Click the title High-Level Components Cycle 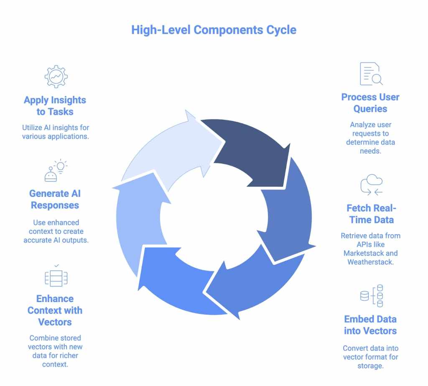[214, 30]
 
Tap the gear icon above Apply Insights [56, 76]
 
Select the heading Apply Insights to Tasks [55, 106]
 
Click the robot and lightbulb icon [55, 170]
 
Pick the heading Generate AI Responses [55, 199]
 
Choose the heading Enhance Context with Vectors [55, 310]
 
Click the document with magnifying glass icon [371, 74]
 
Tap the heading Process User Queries [370, 103]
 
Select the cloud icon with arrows [371, 185]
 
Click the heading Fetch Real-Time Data [370, 214]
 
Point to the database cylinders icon [372, 296]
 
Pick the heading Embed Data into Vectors [370, 325]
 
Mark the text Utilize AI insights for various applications [55, 132]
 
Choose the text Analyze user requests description [370, 137]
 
